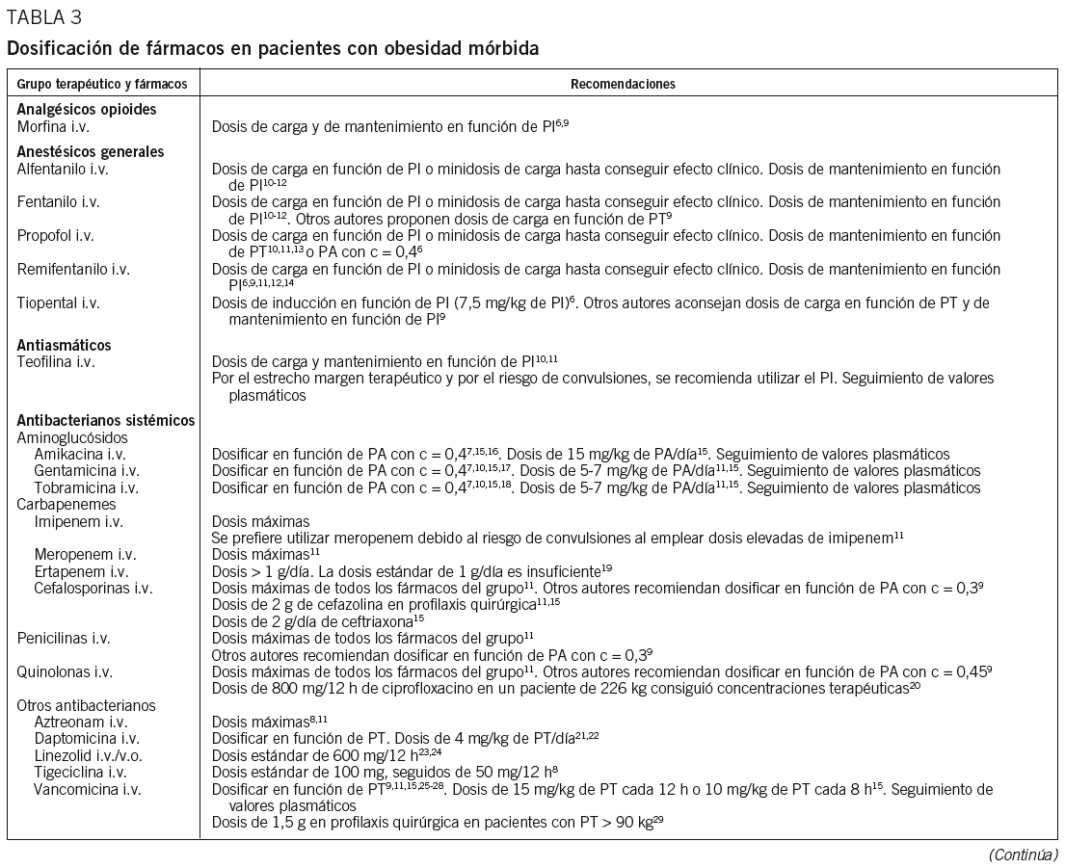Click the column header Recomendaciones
coord(623,84)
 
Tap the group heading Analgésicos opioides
coord(87,109)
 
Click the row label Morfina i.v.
coord(56,125)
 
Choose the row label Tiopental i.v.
coord(59,302)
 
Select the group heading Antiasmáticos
coord(64,345)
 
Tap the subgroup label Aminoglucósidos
coord(66,436)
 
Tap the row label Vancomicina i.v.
coord(88,789)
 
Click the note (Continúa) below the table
coord(1023,854)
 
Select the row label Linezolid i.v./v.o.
coord(93,754)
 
